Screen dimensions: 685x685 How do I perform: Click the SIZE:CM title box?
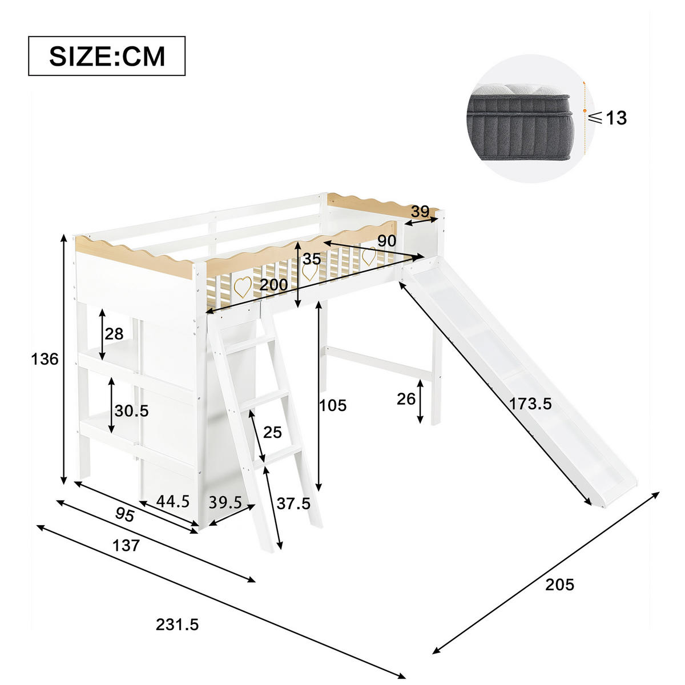(x=107, y=56)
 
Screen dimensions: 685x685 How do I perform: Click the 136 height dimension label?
(x=45, y=359)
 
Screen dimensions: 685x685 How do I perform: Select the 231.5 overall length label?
(x=177, y=624)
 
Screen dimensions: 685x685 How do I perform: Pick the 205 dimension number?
(x=559, y=585)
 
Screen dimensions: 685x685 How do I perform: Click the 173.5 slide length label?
(x=530, y=404)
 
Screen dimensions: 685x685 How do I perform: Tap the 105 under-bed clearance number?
(x=332, y=405)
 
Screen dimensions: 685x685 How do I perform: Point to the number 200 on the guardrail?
(x=273, y=285)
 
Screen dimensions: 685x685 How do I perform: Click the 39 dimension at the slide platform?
(x=421, y=212)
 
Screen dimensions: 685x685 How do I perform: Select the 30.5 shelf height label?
(x=131, y=410)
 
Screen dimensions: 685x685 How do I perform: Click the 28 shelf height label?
(x=114, y=334)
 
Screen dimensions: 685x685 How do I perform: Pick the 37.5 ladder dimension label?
(x=293, y=503)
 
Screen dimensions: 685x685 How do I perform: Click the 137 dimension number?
(x=126, y=546)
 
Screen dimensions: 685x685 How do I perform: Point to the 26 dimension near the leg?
(x=406, y=399)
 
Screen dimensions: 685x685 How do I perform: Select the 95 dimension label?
(x=124, y=515)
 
